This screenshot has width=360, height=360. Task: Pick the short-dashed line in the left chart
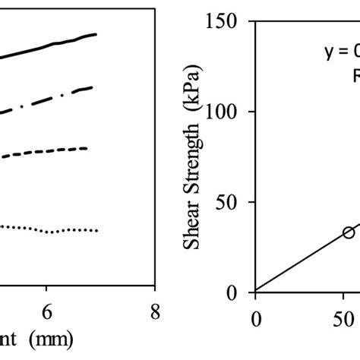pyautogui.click(x=46, y=153)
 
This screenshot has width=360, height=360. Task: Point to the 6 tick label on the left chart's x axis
pyautogui.click(x=46, y=312)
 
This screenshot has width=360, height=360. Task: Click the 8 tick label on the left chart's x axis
pyautogui.click(x=154, y=312)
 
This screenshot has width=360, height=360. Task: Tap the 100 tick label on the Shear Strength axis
pyautogui.click(x=229, y=112)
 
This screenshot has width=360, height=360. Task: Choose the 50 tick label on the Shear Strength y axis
pyautogui.click(x=232, y=203)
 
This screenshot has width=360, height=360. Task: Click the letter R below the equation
pyautogui.click(x=354, y=76)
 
